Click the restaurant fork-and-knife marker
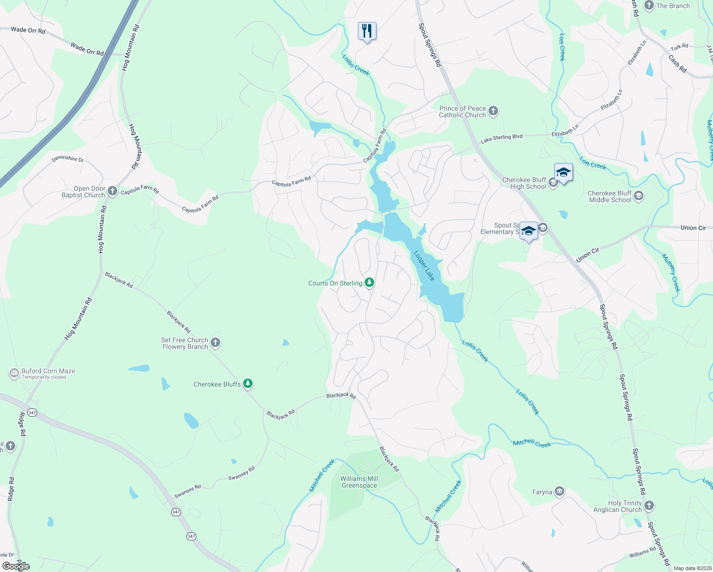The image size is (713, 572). click(x=367, y=31)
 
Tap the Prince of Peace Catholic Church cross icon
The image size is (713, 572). click(x=493, y=112)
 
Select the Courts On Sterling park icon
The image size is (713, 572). click(x=369, y=283)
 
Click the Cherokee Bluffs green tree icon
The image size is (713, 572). click(x=247, y=384)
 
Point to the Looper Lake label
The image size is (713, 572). click(x=424, y=266)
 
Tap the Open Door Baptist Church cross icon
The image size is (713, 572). click(x=112, y=192)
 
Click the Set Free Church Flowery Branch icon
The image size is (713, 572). click(x=215, y=343)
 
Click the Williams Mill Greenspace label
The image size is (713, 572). click(x=359, y=482)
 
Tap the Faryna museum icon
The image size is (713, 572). click(x=560, y=491)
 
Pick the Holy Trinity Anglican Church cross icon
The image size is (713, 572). click(x=649, y=506)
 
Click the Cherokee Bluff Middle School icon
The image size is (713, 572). click(x=639, y=196)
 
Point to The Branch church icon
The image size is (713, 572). click(x=649, y=6)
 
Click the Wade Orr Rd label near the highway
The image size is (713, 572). click(x=87, y=49)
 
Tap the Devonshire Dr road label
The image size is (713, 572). click(x=68, y=159)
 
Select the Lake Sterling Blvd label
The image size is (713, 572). click(x=501, y=138)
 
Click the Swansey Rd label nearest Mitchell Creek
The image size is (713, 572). click(x=242, y=473)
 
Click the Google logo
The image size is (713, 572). click(x=16, y=566)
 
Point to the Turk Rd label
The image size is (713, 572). click(x=679, y=47)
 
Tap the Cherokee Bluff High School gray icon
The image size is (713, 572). click(x=553, y=183)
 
